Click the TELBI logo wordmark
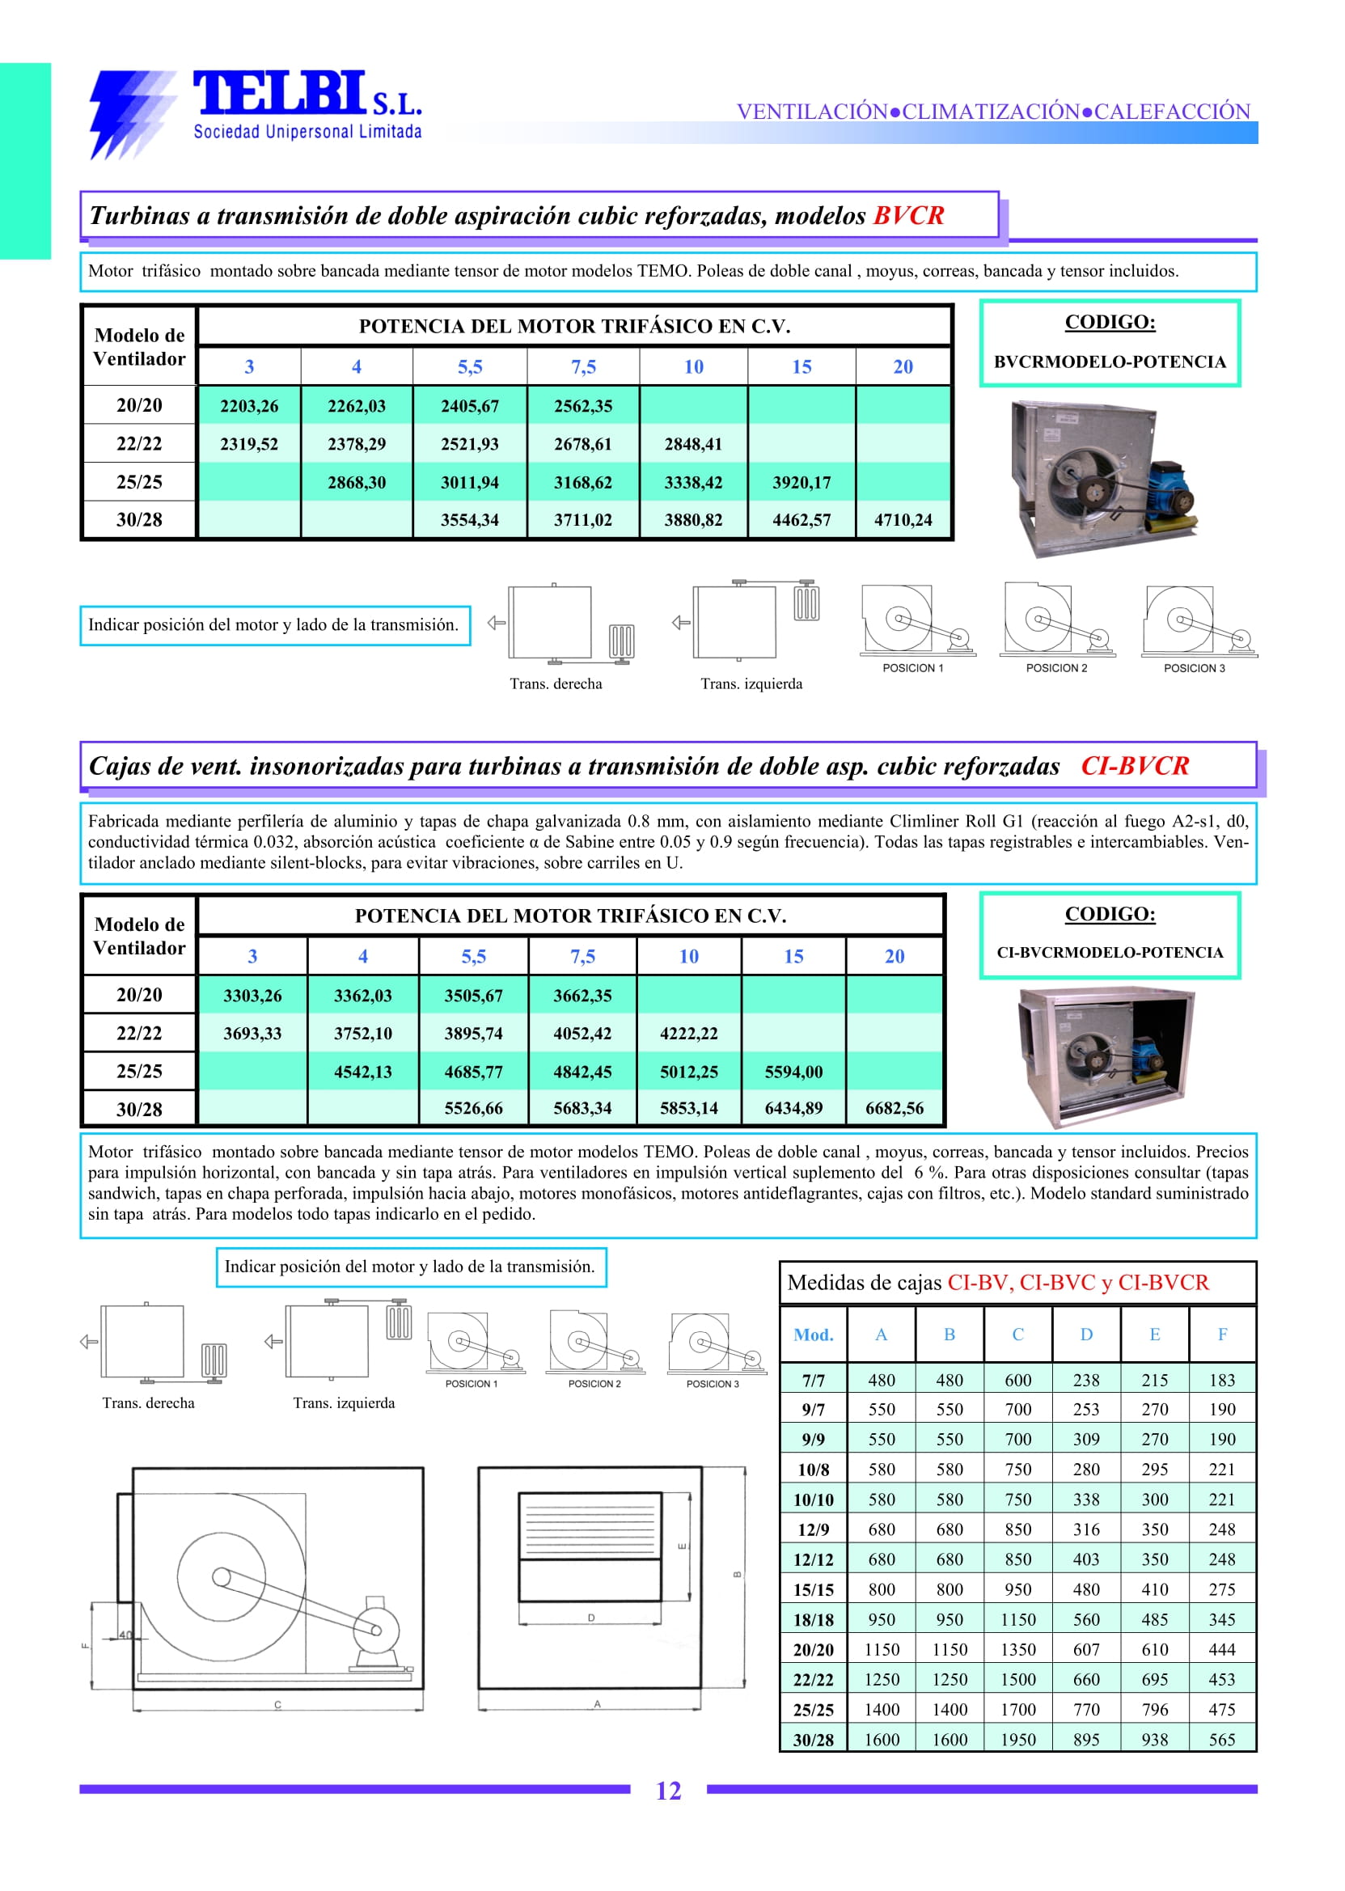pos(280,93)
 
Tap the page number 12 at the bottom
pos(667,1791)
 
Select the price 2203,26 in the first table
pos(248,406)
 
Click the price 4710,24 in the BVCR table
pos(903,520)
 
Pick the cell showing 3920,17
pos(801,482)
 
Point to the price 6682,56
pos(894,1108)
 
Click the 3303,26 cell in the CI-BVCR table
pos(252,996)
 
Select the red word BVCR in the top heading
pos(908,215)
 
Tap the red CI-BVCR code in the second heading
pos(1135,765)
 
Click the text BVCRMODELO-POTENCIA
pos(1109,362)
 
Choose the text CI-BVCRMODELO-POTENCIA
pos(1109,953)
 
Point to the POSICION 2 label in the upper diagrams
pos(1056,668)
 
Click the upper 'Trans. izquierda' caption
pos(751,684)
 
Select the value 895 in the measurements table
pos(1085,1740)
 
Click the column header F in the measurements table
pos(1221,1335)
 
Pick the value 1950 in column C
pos(1018,1740)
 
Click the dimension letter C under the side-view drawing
pos(277,1705)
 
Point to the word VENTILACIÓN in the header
pos(812,112)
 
